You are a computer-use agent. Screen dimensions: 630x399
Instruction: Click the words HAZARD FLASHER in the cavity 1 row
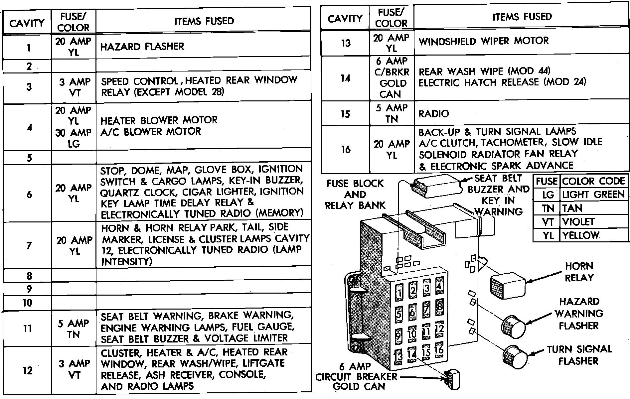142,46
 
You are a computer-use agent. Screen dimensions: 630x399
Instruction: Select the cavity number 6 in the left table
29,194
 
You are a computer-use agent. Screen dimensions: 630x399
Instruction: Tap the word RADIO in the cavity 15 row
434,114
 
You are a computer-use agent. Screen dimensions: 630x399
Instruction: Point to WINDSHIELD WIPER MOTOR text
483,41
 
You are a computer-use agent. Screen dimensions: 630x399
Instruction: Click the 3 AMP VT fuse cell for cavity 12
74,369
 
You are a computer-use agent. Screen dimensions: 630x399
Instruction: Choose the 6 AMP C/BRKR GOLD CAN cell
392,78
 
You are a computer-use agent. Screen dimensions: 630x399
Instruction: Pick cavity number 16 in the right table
346,149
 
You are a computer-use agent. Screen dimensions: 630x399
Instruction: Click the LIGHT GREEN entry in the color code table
593,195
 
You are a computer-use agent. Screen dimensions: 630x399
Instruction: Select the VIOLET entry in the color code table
578,222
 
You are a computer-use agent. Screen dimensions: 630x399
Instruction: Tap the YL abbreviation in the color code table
548,235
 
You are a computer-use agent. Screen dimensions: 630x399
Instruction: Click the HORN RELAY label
579,272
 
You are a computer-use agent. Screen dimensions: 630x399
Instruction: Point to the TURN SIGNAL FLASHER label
579,355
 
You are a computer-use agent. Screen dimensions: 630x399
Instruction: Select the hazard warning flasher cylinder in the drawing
513,325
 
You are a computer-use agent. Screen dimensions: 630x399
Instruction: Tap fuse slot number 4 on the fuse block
439,286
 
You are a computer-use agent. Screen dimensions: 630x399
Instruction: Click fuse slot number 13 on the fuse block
398,356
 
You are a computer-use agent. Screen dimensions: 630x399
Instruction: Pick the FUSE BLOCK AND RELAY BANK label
355,195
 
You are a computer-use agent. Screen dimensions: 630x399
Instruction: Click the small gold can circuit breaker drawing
452,379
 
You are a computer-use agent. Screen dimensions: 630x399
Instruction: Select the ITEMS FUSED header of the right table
522,17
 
